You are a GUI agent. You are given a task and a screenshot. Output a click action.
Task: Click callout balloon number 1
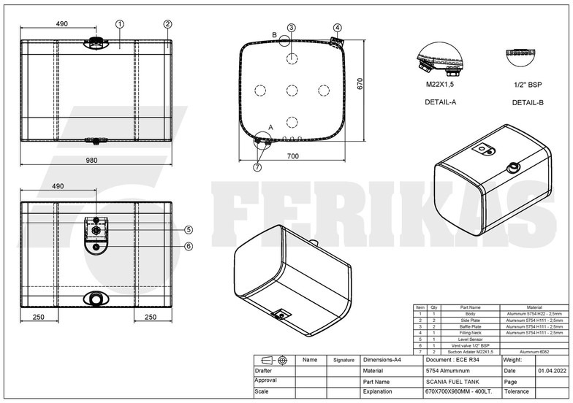coord(119,24)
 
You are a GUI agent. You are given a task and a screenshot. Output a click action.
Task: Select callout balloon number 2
coord(167,24)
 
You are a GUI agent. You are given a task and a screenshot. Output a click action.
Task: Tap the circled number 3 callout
coord(291,28)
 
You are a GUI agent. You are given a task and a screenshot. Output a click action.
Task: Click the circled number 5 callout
coord(189,229)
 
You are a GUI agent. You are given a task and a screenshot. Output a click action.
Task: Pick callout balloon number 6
coord(189,246)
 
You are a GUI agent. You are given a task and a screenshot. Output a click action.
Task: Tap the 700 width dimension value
coord(292,157)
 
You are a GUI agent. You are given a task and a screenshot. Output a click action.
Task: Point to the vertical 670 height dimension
coord(360,85)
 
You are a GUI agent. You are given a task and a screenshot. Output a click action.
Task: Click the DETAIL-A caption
coord(441,101)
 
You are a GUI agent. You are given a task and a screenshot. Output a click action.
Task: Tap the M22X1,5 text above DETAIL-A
coord(441,85)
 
